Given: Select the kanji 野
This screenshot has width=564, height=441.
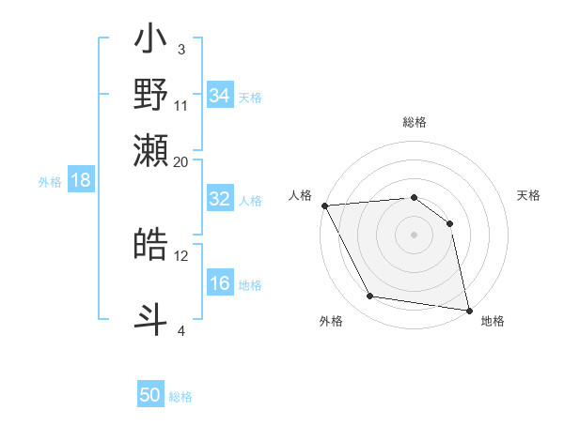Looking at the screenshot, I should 151,95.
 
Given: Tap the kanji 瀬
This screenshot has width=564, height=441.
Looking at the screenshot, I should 151,150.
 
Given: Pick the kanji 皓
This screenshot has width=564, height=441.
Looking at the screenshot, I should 151,245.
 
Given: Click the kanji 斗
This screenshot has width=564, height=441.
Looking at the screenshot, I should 151,317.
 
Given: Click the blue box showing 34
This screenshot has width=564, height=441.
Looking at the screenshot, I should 220,96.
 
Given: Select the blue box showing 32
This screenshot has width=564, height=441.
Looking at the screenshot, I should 220,199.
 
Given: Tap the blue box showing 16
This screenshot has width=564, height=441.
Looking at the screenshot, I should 220,283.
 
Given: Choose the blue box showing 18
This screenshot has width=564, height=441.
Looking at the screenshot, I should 81,181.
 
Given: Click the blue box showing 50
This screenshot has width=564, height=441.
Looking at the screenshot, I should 150,395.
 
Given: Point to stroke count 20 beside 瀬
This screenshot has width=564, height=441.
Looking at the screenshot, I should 181,161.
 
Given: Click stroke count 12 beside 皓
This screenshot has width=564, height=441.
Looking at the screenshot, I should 181,255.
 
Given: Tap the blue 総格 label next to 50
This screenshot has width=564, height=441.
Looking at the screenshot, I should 180,397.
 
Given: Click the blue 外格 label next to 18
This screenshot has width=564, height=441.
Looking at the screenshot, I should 50,182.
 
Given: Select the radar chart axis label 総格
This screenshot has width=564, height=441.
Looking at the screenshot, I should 414,122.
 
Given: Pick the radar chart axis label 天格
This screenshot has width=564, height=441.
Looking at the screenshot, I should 528,195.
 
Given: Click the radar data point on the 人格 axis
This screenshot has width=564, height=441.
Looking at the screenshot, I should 324,205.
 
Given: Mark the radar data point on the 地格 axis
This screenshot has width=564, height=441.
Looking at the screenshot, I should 468,310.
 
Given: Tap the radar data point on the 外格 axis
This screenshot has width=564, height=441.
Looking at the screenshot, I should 370,297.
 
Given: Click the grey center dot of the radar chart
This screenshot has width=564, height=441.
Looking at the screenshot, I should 414,235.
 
